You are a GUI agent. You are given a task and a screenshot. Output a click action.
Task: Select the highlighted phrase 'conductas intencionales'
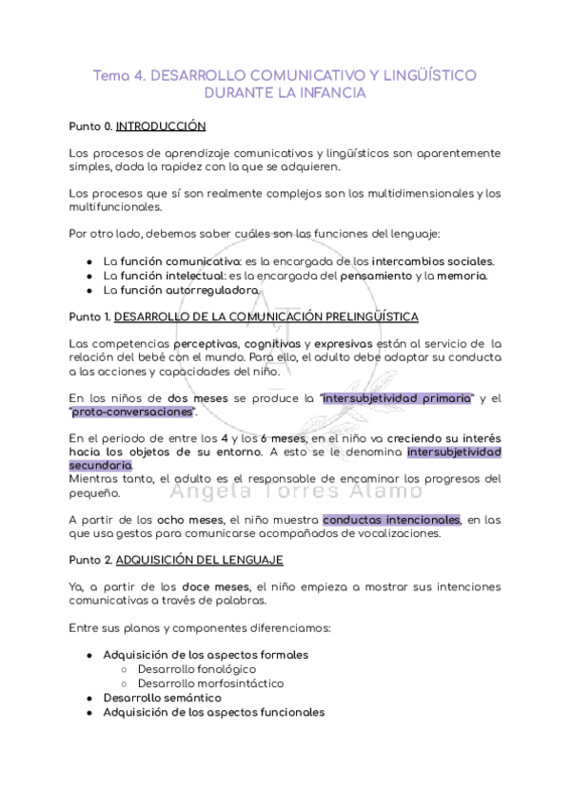(x=391, y=520)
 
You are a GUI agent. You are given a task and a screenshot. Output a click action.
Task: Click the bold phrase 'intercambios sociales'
(x=432, y=260)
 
